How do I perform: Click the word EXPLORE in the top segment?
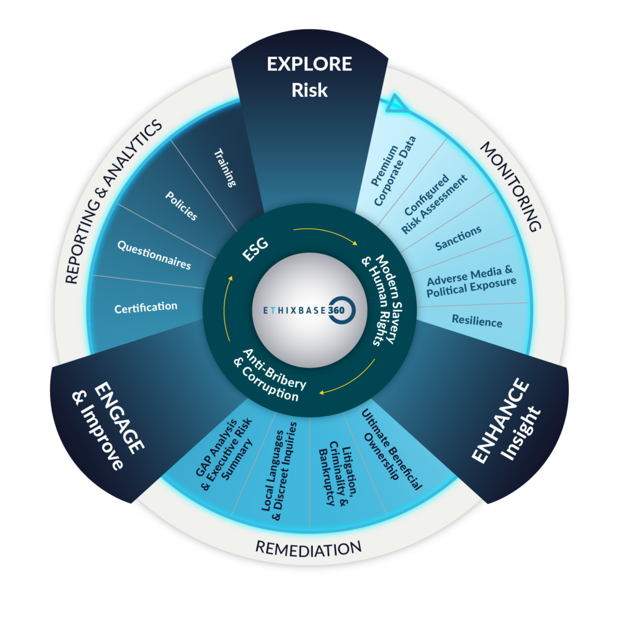[309, 64]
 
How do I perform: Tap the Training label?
[225, 168]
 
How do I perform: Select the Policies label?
[181, 206]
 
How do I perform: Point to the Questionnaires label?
[154, 255]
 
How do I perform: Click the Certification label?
[146, 307]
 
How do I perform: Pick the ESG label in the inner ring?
[256, 249]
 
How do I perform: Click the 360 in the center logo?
[336, 310]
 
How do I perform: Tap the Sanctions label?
[458, 238]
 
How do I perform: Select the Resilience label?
[477, 321]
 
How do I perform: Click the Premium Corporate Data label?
[394, 171]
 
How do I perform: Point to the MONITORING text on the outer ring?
[511, 186]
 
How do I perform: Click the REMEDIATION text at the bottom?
[308, 549]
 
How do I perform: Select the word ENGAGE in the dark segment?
[119, 417]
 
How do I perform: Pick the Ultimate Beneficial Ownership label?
[391, 450]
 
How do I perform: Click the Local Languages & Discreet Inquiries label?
[279, 472]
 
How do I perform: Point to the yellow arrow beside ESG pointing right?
[325, 234]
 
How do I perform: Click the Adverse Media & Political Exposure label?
[472, 282]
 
